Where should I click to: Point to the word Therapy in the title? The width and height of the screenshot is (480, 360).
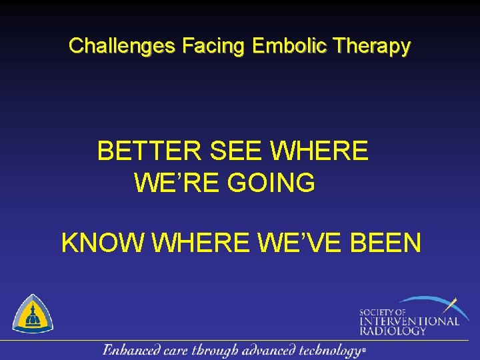[373, 46]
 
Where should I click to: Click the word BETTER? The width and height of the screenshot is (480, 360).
[149, 152]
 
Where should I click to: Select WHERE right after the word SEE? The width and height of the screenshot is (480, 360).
[319, 152]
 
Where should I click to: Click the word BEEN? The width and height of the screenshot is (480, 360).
[386, 243]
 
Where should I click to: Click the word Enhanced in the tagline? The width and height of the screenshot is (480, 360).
[131, 350]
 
